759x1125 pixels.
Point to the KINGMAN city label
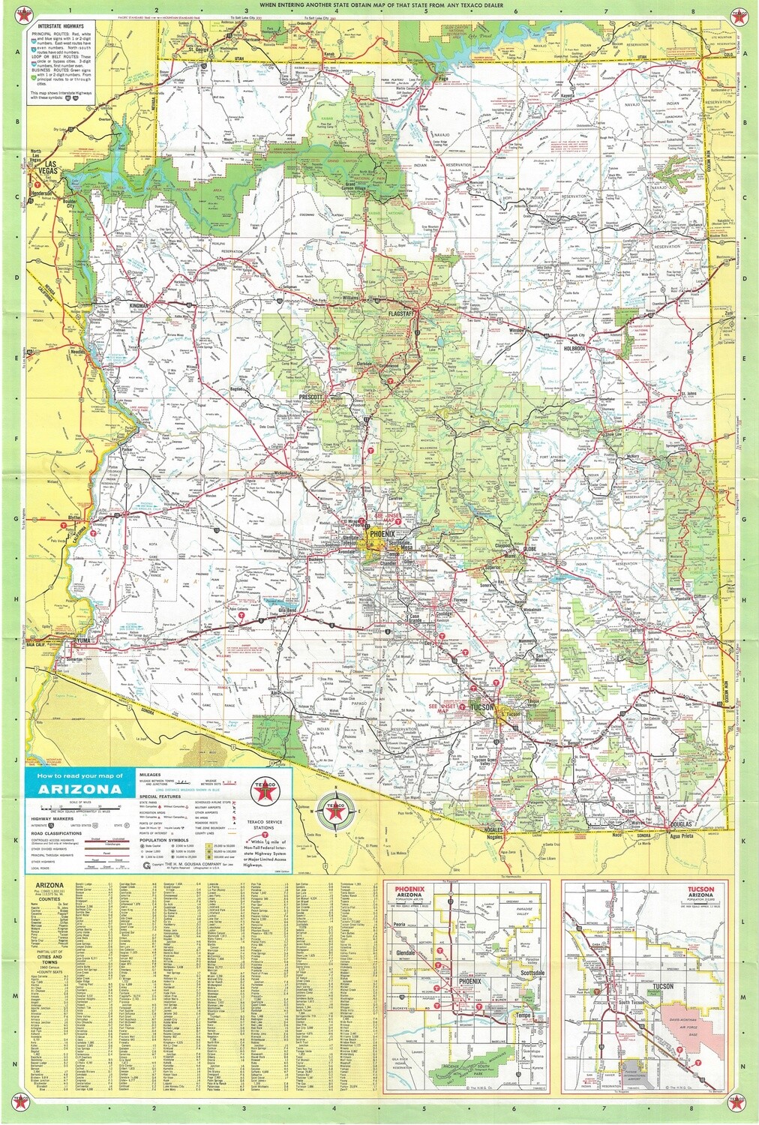[160, 307]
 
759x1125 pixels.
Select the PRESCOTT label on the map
[309, 395]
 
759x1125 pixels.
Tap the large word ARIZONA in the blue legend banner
[78, 788]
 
